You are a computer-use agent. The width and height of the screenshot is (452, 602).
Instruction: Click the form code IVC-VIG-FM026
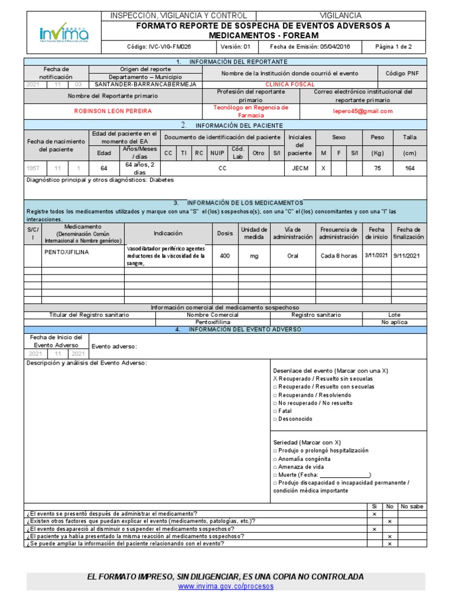tap(159, 46)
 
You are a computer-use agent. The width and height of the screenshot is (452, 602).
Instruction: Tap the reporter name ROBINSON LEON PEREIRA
tap(112, 111)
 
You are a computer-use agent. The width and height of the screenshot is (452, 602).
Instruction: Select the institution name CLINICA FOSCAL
tap(290, 84)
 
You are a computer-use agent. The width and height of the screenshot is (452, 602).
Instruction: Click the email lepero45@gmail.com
tap(363, 111)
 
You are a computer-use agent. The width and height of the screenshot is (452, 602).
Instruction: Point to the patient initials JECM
tap(300, 168)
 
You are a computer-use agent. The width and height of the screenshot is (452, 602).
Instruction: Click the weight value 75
tap(377, 168)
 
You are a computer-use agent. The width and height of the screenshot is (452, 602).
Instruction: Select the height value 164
tap(410, 168)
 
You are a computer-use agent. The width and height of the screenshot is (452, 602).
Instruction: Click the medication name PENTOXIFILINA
tap(67, 251)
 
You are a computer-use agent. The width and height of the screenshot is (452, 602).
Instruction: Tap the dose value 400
tap(225, 256)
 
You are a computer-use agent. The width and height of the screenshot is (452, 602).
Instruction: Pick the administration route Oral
tap(293, 256)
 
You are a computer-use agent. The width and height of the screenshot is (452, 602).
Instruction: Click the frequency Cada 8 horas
tap(338, 256)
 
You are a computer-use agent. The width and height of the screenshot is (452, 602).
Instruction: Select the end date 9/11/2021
tap(408, 256)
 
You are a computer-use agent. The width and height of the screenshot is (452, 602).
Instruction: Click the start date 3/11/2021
tap(375, 256)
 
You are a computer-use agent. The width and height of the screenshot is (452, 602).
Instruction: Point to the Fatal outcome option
tap(285, 411)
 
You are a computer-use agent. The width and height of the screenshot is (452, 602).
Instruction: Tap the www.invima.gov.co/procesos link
tap(225, 586)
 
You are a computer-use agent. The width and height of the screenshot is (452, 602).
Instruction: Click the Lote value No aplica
tap(394, 323)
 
